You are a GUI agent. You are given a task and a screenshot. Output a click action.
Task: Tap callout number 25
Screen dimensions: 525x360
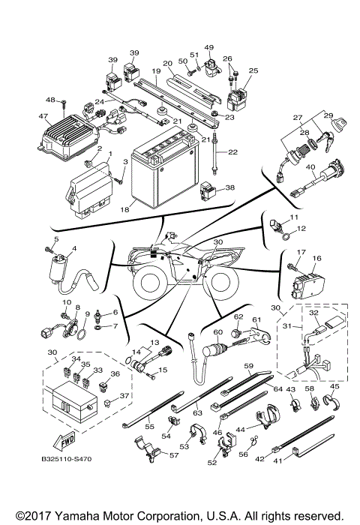coord(253,71)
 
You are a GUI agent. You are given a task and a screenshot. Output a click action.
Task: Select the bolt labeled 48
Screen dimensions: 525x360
coord(64,100)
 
